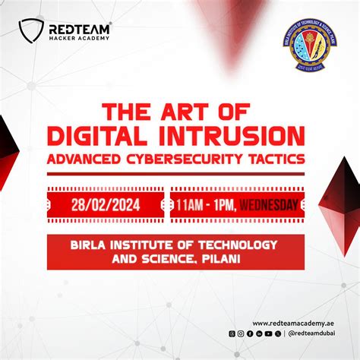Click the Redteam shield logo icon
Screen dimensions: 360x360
coord(31,30)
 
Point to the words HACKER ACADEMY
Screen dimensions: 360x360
coord(78,37)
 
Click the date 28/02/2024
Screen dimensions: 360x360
coord(106,204)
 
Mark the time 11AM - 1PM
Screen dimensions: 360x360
coord(205,204)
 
